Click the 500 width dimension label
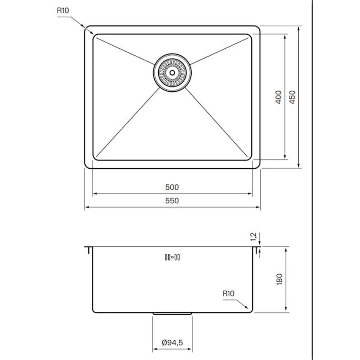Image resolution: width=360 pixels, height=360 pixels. coord(172,187)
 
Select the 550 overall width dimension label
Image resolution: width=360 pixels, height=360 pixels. coord(172,200)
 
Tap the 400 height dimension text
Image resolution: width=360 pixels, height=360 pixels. coord(279,97)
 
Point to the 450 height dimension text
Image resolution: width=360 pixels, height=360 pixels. coord(292,97)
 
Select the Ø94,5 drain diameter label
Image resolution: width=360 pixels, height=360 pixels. coord(172,343)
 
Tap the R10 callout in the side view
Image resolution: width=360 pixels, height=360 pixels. coord(228,293)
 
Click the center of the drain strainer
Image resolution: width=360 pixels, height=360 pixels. coord(172,73)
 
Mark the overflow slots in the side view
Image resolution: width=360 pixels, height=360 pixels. coord(172,257)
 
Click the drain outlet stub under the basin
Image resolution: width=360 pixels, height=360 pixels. coord(172,313)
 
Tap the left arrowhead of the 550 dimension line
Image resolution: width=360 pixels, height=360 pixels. coord(86,207)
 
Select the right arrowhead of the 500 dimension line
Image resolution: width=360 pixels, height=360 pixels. coord(251,193)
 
